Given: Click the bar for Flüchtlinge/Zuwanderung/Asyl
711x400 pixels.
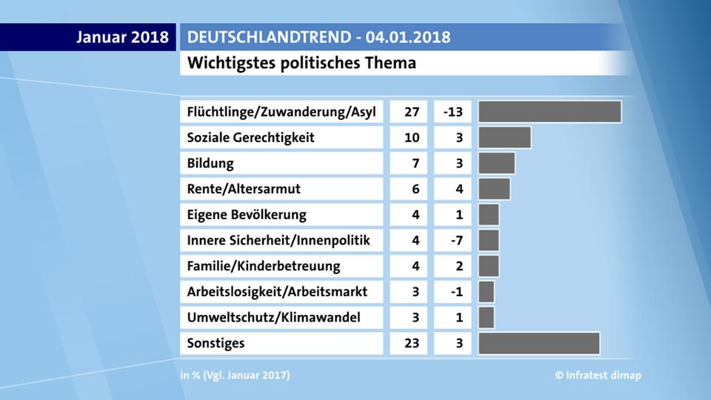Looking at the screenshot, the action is pyautogui.click(x=550, y=112).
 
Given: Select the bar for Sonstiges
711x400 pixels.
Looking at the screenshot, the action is pyautogui.click(x=538, y=343).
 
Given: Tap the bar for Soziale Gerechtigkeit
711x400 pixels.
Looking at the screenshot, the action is pyautogui.click(x=504, y=138).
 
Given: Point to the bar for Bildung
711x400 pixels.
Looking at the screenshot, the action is pyautogui.click(x=496, y=163).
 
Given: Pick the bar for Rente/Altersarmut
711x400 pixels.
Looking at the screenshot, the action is pyautogui.click(x=494, y=189).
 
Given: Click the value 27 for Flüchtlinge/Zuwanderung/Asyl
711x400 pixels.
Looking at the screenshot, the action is pyautogui.click(x=412, y=112).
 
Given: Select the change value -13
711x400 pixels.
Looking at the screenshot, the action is pyautogui.click(x=453, y=112).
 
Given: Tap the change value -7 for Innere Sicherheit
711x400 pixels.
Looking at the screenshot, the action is pyautogui.click(x=457, y=240).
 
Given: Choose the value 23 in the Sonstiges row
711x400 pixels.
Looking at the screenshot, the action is pyautogui.click(x=412, y=343).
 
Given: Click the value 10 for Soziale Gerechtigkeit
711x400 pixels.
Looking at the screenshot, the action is pyautogui.click(x=412, y=138).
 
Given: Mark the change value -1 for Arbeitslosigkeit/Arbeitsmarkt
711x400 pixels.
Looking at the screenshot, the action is pyautogui.click(x=457, y=292).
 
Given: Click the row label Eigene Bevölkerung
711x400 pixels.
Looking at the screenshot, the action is pyautogui.click(x=247, y=215).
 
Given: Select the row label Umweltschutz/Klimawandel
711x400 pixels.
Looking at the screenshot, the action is pyautogui.click(x=274, y=318).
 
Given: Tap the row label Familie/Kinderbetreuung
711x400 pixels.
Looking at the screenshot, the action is pyautogui.click(x=264, y=266).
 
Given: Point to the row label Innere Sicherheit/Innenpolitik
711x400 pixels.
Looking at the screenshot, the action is pyautogui.click(x=278, y=240).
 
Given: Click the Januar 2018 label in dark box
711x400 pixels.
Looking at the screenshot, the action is pyautogui.click(x=122, y=37).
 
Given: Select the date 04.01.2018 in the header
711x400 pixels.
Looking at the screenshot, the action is pyautogui.click(x=408, y=37).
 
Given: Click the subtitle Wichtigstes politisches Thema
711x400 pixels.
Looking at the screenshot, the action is pyautogui.click(x=301, y=63).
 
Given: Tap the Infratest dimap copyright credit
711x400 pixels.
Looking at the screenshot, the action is pyautogui.click(x=598, y=376).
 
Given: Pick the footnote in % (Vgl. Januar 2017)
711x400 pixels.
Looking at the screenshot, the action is pyautogui.click(x=235, y=376).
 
